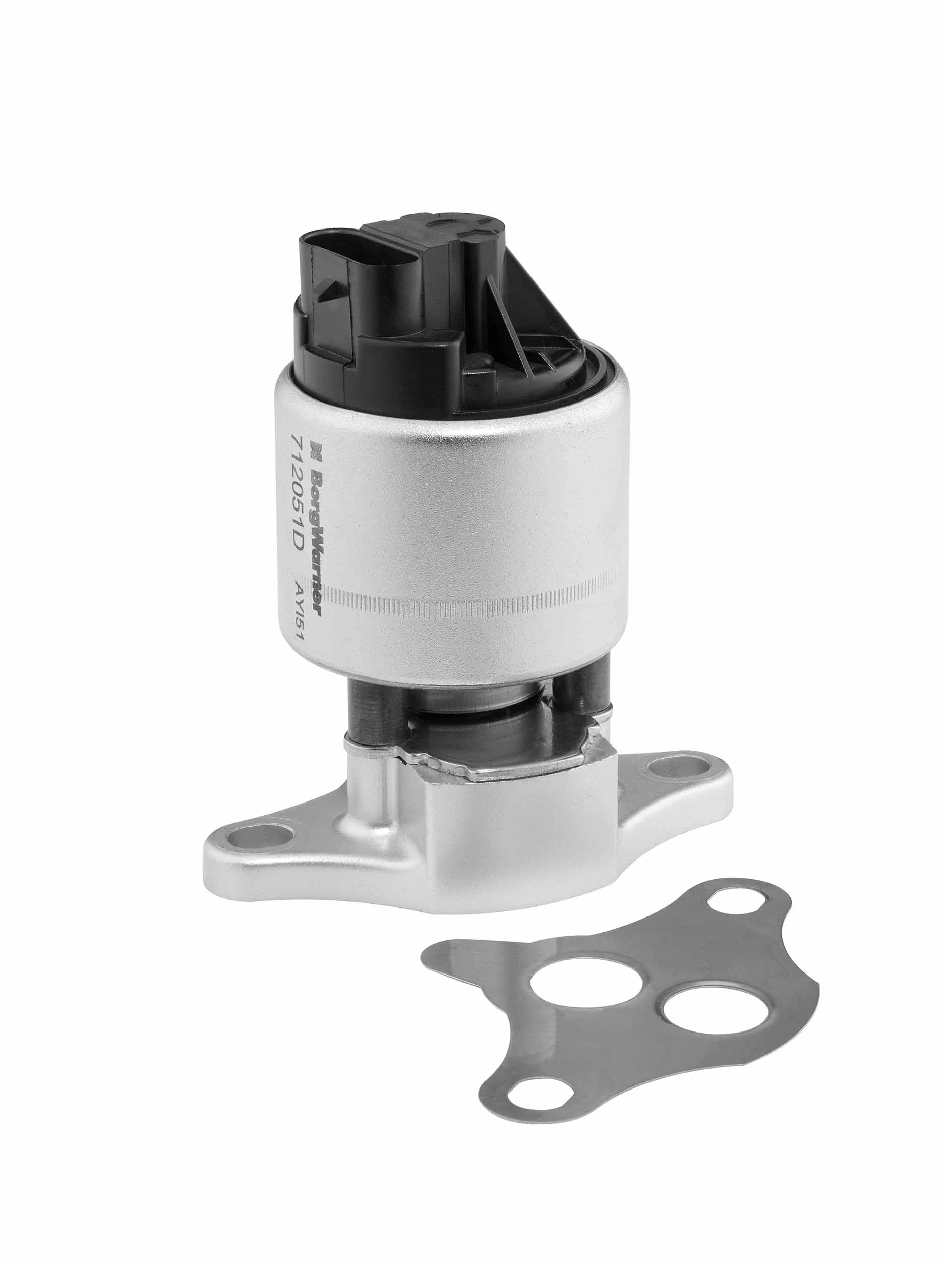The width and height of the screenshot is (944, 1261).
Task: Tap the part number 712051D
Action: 298,491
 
